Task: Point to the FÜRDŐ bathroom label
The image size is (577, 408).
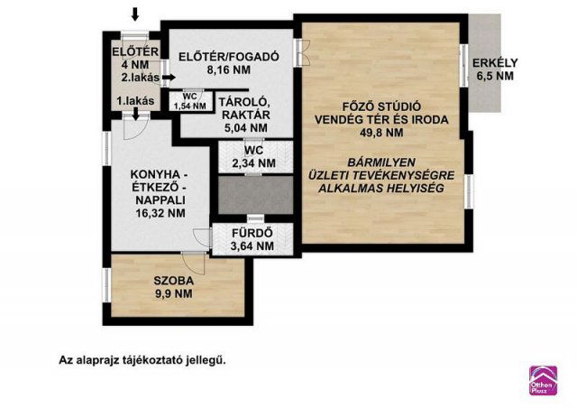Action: pos(252,232)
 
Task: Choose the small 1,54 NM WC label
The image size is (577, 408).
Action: pos(190,101)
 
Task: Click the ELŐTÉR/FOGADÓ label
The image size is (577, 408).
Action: pos(228,57)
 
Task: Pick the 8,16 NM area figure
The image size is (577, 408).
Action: pos(227,70)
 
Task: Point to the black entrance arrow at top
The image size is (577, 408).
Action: pos(135,14)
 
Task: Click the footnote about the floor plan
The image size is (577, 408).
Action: pos(142,359)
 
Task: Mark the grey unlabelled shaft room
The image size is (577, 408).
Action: pos(254,194)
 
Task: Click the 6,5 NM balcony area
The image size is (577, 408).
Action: pos(493,77)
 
